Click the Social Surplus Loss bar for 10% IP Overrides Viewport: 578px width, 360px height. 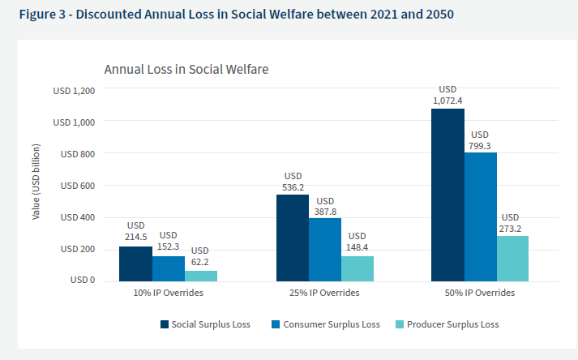tap(135, 264)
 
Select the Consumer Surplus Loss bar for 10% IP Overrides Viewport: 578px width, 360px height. tap(168, 268)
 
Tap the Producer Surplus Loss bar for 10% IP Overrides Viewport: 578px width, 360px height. tap(200, 276)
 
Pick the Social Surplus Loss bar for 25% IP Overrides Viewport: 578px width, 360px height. tap(293, 238)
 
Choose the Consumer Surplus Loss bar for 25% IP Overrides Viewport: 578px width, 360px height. tap(325, 250)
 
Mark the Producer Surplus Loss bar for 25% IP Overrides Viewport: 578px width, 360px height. tap(358, 268)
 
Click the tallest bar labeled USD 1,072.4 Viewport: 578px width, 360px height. tap(447, 195)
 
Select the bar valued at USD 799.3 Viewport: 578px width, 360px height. tap(480, 216)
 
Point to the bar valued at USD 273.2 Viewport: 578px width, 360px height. tap(512, 258)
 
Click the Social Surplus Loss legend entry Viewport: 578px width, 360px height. tap(205, 324)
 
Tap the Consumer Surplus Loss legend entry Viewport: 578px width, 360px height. tap(333, 324)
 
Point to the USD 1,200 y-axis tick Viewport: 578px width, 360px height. tap(74, 91)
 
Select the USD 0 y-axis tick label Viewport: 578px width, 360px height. tap(83, 281)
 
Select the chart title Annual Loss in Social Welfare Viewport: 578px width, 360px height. tap(186, 70)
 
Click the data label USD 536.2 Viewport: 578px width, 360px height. tap(293, 181)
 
